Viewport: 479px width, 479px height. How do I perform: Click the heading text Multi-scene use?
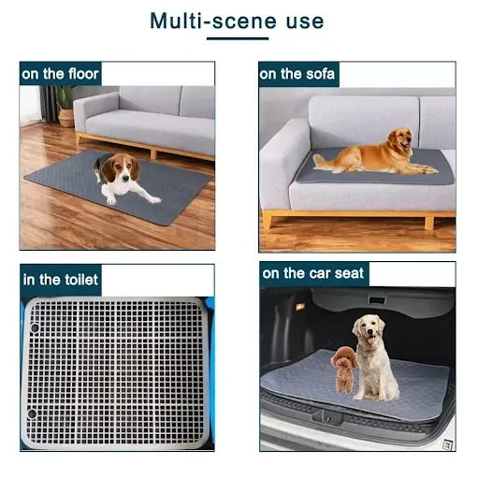(x=237, y=21)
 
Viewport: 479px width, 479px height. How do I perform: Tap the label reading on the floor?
(x=61, y=74)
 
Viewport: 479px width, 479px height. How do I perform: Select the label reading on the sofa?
(x=297, y=74)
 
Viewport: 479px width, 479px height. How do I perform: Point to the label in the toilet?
(x=61, y=280)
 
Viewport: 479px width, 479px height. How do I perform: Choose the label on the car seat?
(x=313, y=273)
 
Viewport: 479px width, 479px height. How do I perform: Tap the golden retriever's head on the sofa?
(x=400, y=138)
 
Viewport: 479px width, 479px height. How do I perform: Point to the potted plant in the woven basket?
(x=65, y=107)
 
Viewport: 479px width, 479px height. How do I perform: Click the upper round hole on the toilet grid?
(x=35, y=327)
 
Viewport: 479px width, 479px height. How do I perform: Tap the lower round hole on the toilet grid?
(x=32, y=414)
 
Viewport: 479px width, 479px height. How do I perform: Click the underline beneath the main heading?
(x=238, y=38)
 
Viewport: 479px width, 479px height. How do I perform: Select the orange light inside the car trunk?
(x=300, y=307)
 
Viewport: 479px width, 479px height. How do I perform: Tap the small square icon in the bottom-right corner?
(x=448, y=444)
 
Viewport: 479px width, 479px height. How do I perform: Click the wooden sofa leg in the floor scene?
(x=153, y=154)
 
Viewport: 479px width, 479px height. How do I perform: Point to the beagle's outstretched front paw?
(x=155, y=200)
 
